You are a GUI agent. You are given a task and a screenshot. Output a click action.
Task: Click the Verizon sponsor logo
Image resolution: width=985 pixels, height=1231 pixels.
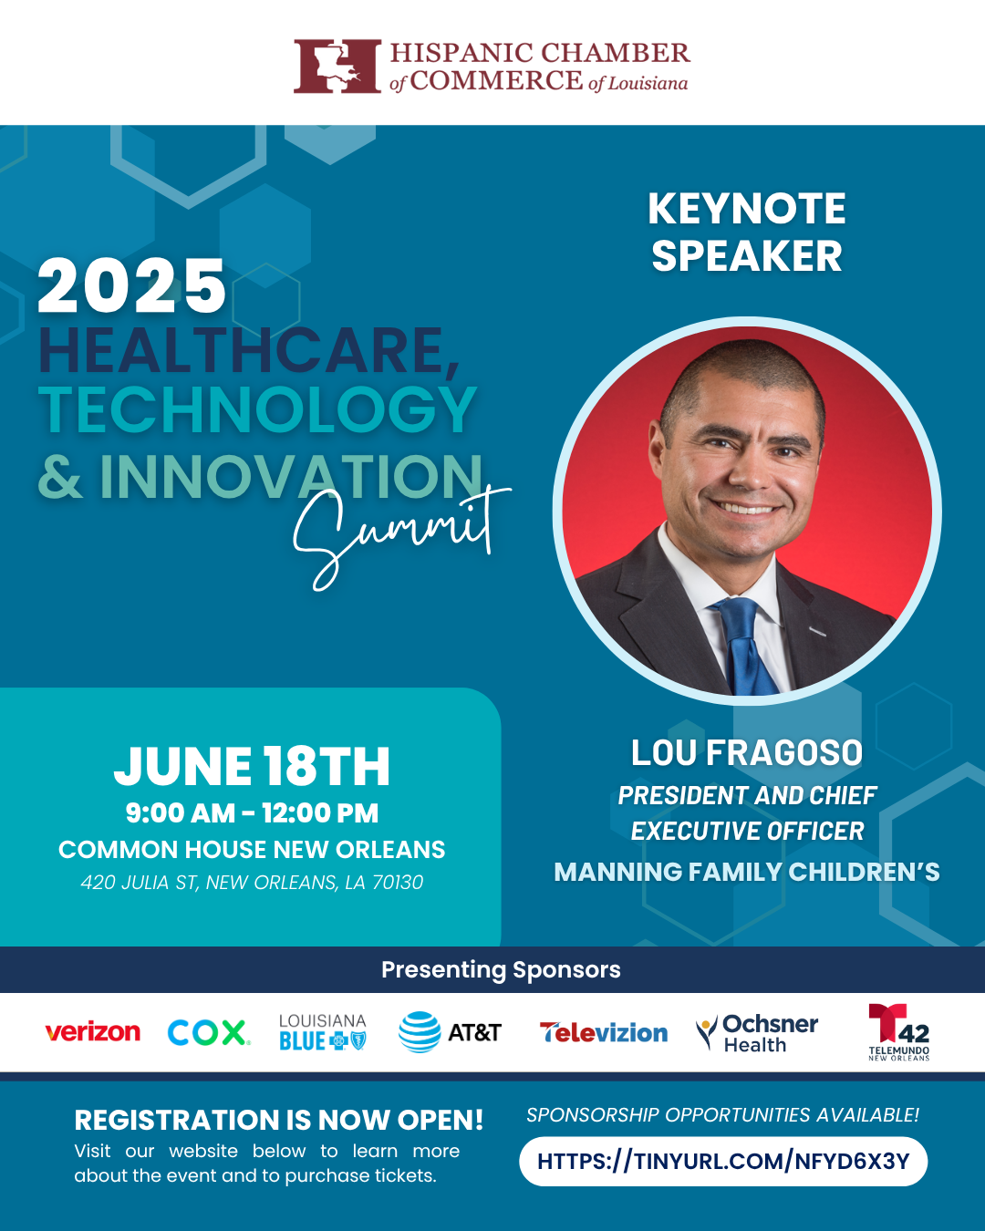coord(93,1032)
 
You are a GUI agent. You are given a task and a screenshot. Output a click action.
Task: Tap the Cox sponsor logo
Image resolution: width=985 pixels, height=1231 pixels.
coord(208,1032)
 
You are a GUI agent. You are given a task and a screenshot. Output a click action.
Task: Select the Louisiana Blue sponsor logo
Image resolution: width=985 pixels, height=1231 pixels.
coord(323,1032)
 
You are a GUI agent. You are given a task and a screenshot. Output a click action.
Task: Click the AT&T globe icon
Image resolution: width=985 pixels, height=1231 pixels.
coord(420,1032)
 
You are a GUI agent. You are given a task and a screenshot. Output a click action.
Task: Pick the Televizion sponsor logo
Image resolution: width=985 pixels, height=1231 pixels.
coord(603,1032)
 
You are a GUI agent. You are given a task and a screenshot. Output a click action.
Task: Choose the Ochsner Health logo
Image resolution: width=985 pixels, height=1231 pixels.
coord(757,1032)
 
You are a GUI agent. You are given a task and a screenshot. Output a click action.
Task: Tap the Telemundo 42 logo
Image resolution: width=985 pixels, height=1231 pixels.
coord(898,1032)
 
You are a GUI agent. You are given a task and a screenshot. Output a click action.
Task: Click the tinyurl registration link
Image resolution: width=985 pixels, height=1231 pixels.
coord(723,1161)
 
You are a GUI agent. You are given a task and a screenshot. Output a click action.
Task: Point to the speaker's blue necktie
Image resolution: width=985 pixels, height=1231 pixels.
coord(746,647)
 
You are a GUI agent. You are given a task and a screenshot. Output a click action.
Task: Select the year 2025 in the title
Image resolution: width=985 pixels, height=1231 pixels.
coord(131,285)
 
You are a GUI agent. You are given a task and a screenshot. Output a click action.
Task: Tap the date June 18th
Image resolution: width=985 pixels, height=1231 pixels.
coord(252,766)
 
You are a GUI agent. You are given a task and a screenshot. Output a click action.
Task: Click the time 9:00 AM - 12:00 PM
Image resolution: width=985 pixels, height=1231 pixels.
coord(252,812)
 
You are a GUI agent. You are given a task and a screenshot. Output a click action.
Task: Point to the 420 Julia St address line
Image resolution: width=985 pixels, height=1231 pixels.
coord(252,882)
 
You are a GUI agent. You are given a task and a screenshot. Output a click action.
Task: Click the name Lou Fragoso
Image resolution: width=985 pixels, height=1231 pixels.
coord(746,752)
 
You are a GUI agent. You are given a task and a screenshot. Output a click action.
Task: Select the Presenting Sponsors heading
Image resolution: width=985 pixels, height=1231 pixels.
coord(501,969)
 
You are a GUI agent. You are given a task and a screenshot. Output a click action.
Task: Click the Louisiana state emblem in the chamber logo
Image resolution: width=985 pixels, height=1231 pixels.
coord(337,67)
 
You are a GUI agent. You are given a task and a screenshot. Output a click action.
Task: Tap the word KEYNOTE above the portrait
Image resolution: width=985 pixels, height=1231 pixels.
coord(746,209)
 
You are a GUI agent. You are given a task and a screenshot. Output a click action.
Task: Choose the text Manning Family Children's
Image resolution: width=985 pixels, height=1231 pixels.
coord(746,872)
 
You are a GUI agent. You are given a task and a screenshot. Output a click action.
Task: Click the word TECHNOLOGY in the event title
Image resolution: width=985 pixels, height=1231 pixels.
coord(257,409)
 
